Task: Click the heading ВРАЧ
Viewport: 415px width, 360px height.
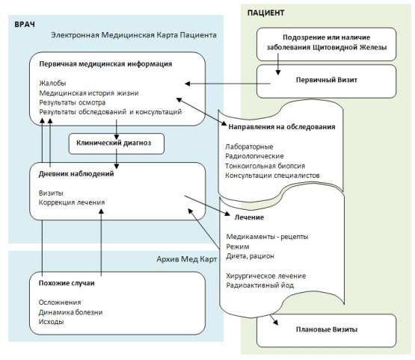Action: tap(25, 25)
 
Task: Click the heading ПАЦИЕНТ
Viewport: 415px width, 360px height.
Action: tap(265, 13)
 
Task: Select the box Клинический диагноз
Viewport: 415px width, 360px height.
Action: tap(117, 144)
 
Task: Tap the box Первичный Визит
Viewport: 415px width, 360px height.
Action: tap(326, 81)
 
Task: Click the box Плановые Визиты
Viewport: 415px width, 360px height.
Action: tap(326, 330)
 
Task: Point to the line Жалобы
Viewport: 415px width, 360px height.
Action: tap(52, 83)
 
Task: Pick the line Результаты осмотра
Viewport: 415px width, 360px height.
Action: tap(73, 102)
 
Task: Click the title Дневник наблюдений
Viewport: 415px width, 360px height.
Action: tap(76, 174)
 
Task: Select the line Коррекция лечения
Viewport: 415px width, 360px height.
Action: tap(72, 202)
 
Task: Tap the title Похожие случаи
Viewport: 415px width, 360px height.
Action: tap(67, 283)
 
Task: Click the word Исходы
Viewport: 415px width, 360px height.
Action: tap(51, 322)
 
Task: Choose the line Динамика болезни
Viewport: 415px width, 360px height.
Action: tap(70, 312)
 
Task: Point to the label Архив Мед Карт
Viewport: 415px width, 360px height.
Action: tap(187, 259)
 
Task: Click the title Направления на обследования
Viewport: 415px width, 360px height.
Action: tap(282, 127)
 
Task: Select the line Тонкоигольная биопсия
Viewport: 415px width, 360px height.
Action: tap(265, 166)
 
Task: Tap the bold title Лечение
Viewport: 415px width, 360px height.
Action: tap(249, 217)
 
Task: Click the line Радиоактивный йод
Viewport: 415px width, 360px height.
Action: tap(260, 285)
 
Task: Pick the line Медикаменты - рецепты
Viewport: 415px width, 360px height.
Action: tap(267, 237)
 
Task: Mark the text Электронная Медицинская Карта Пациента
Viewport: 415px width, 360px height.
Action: tap(134, 35)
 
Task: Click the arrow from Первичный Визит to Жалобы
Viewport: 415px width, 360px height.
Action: tap(227, 84)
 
